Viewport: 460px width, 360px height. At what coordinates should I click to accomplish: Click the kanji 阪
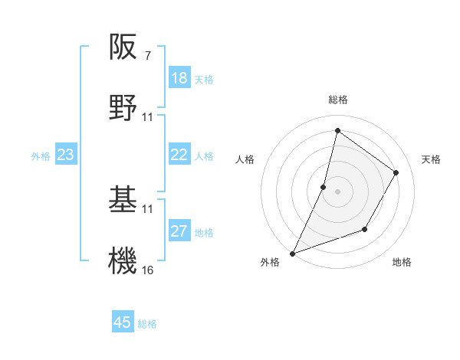pyautogui.click(x=124, y=48)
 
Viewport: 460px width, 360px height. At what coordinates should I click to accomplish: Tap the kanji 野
pyautogui.click(x=124, y=108)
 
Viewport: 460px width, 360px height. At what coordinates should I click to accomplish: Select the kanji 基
pyautogui.click(x=124, y=200)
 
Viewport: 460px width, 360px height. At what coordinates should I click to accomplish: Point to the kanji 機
pyautogui.click(x=124, y=260)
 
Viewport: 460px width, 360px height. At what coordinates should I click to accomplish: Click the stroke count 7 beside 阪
pyautogui.click(x=147, y=56)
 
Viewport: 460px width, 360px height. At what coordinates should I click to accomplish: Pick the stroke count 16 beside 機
pyautogui.click(x=148, y=270)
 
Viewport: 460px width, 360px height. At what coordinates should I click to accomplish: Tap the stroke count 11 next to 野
pyautogui.click(x=148, y=117)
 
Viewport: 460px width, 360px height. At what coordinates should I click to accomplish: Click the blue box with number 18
pyautogui.click(x=179, y=78)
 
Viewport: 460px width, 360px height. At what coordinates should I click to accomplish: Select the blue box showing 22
pyautogui.click(x=179, y=155)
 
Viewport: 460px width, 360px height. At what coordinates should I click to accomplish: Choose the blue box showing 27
pyautogui.click(x=179, y=232)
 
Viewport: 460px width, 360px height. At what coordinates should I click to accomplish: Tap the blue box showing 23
pyautogui.click(x=65, y=155)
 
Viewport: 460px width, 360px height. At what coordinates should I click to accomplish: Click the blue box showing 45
pyautogui.click(x=123, y=322)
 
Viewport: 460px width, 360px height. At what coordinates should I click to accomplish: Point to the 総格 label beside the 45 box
pyautogui.click(x=147, y=324)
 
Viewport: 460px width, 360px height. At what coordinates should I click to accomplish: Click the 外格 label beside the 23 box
pyautogui.click(x=41, y=156)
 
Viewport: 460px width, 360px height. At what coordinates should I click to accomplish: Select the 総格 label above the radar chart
pyautogui.click(x=338, y=100)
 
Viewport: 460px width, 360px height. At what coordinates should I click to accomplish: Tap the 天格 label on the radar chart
pyautogui.click(x=432, y=159)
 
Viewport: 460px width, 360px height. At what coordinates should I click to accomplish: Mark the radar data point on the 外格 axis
pyautogui.click(x=292, y=253)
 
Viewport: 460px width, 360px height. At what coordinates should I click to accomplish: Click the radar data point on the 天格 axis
pyautogui.click(x=396, y=172)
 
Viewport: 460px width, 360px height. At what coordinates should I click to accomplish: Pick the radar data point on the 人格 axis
pyautogui.click(x=324, y=187)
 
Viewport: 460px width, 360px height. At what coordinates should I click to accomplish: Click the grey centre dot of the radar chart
pyautogui.click(x=338, y=191)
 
